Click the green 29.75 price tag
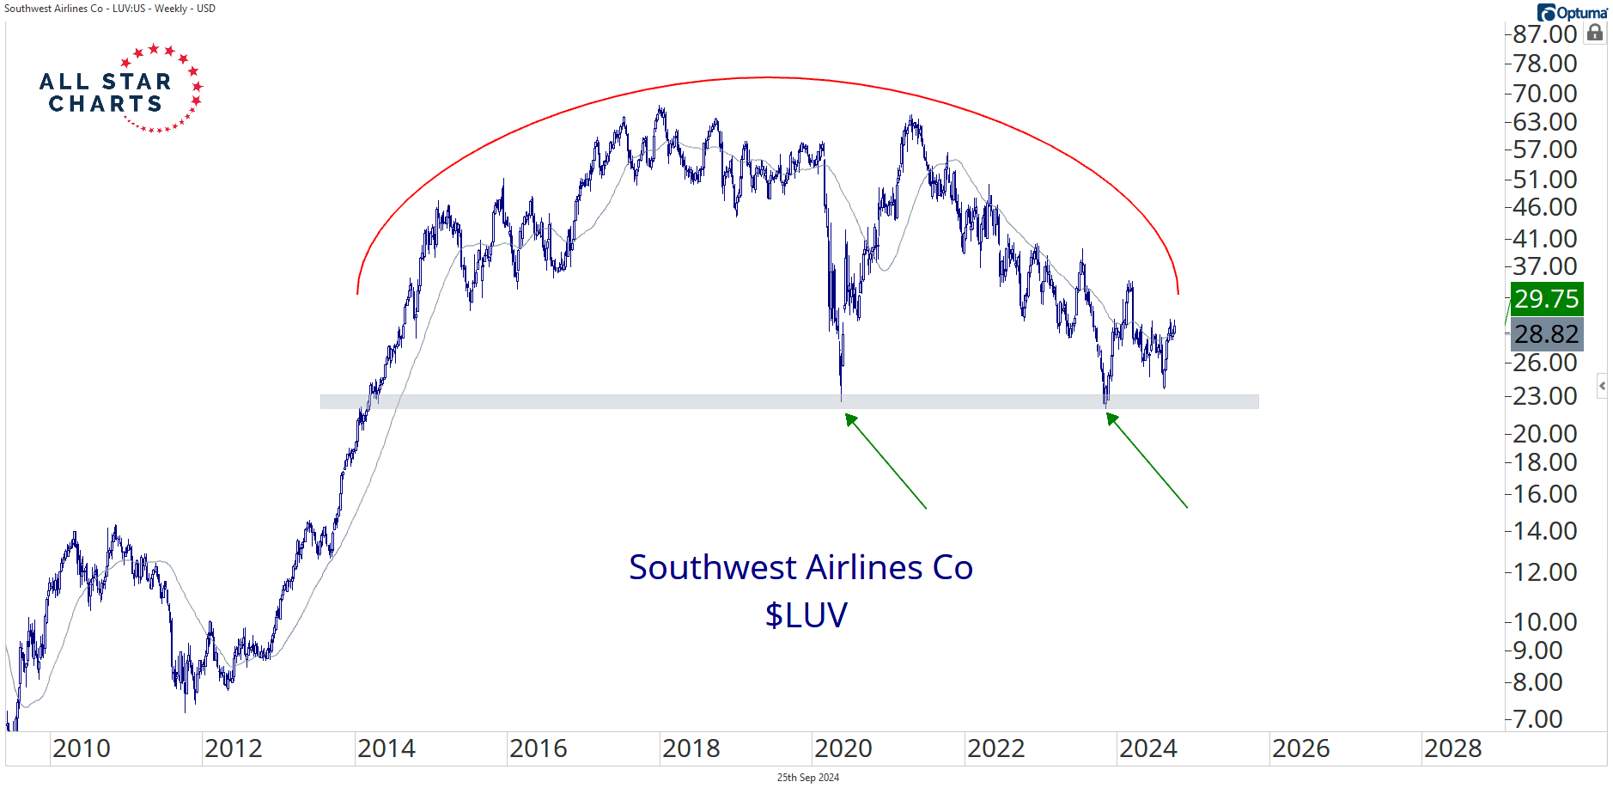click(x=1546, y=299)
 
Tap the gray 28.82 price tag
click(x=1546, y=334)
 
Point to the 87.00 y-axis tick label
click(x=1544, y=34)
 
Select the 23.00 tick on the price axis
click(x=1544, y=396)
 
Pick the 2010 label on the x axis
click(x=82, y=748)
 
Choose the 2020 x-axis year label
click(x=843, y=748)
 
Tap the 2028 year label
click(x=1453, y=748)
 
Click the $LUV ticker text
click(x=806, y=615)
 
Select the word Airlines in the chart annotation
click(x=863, y=568)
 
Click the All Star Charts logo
click(x=120, y=89)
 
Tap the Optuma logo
click(x=1573, y=12)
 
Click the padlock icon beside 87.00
click(x=1595, y=33)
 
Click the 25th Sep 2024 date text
click(x=807, y=778)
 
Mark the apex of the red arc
click(x=767, y=77)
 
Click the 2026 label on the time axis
click(x=1300, y=748)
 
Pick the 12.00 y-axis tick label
click(x=1544, y=572)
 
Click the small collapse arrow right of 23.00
click(x=1602, y=386)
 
